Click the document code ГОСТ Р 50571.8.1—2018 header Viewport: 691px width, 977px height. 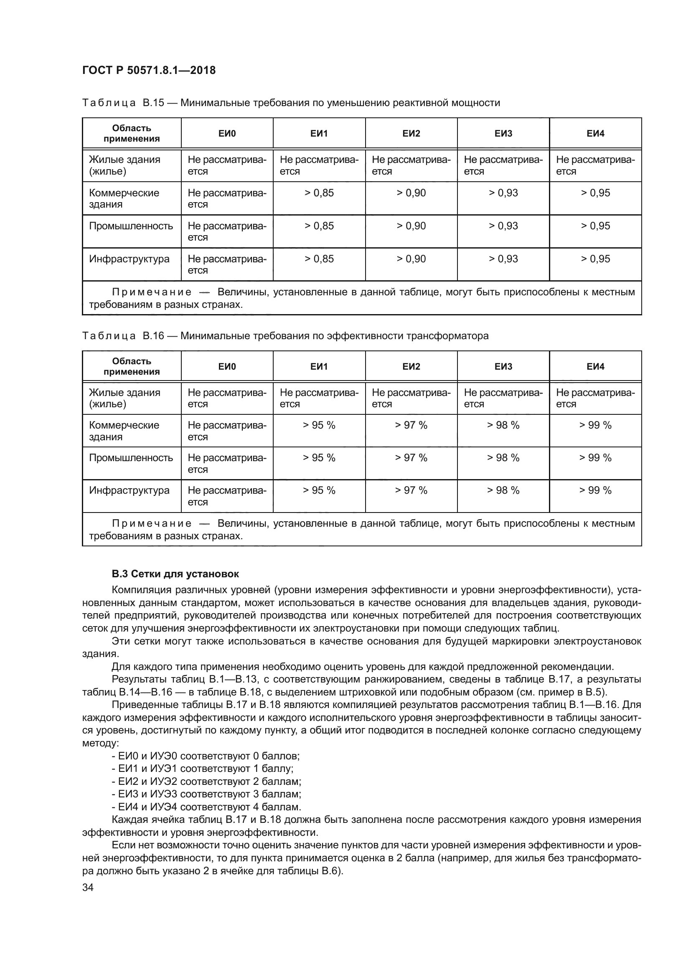click(x=148, y=70)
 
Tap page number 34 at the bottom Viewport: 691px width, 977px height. click(x=88, y=887)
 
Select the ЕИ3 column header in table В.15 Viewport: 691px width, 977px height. click(x=503, y=134)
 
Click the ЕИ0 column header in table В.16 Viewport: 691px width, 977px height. click(x=227, y=366)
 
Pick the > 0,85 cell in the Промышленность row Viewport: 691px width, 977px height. click(x=319, y=226)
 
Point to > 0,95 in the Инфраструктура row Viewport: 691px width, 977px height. click(x=595, y=259)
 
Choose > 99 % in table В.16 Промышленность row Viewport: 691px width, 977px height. click(x=595, y=458)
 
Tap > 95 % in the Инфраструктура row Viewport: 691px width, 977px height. click(x=319, y=490)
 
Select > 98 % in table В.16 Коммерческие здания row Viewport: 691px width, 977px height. click(x=503, y=425)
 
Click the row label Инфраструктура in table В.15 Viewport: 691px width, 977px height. click(x=129, y=259)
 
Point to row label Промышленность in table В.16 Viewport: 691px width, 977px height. click(x=131, y=458)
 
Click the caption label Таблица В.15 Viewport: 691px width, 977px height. click(x=122, y=103)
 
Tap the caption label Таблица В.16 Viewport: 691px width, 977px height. click(x=122, y=336)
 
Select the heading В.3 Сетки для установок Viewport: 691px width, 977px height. click(x=175, y=574)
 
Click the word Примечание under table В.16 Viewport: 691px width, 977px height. click(x=152, y=523)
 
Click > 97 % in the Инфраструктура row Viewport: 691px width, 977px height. click(x=411, y=490)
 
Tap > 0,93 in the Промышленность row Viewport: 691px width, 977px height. click(x=503, y=226)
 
